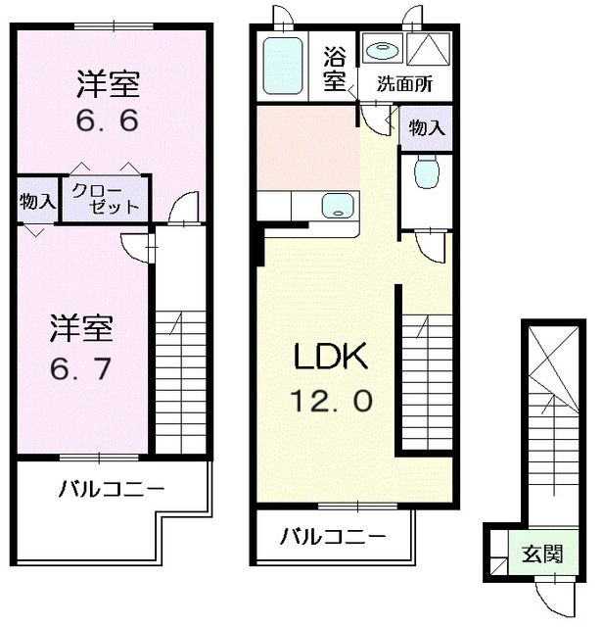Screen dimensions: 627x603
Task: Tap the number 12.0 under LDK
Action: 332,401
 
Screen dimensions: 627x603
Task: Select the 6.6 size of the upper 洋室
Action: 109,122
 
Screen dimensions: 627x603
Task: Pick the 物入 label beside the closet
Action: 37,202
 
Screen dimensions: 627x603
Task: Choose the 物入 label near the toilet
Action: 426,127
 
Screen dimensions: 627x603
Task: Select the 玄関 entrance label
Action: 540,555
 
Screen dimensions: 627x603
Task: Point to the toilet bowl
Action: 426,174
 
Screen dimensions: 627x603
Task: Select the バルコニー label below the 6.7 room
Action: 110,488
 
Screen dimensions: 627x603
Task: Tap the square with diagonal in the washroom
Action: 427,49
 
